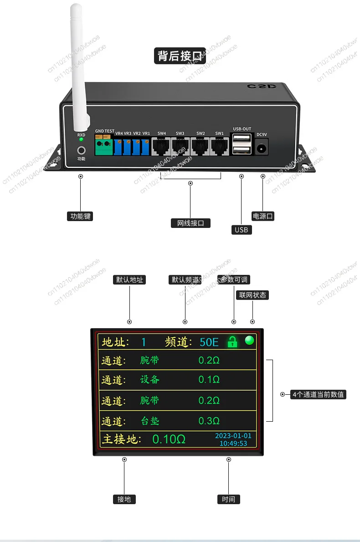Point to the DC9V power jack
tap(262, 148)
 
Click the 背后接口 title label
tap(180, 56)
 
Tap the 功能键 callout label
tap(80, 216)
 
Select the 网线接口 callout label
tap(191, 223)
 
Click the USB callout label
tap(241, 230)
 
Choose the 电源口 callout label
tap(263, 216)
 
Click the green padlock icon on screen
tap(233, 341)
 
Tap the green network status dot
tap(249, 340)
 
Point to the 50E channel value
tap(209, 342)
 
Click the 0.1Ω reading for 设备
tap(209, 380)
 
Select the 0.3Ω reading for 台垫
tap(209, 420)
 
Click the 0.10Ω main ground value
tap(169, 439)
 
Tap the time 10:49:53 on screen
tap(233, 443)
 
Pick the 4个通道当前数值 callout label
tap(319, 395)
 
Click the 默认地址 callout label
tap(129, 280)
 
